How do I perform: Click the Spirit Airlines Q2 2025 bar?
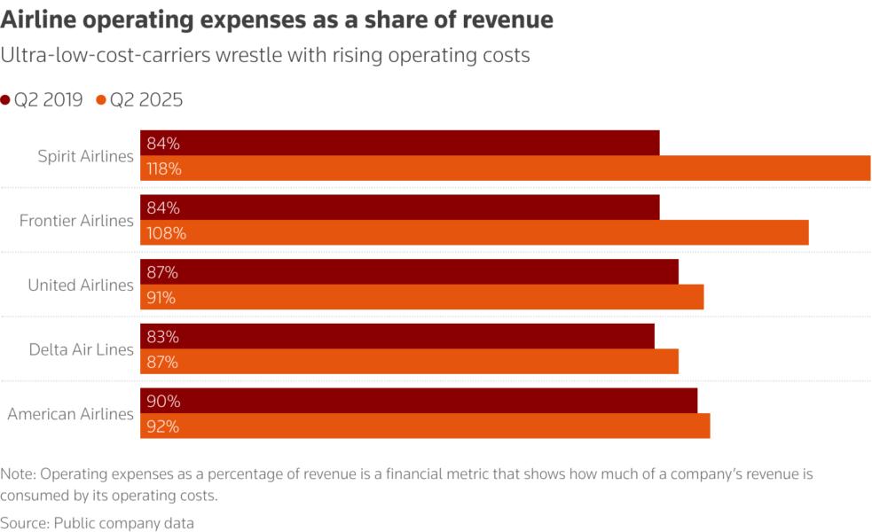(506, 168)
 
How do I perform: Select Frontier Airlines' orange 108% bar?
(475, 233)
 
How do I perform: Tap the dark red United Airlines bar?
(409, 272)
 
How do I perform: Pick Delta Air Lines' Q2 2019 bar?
(397, 337)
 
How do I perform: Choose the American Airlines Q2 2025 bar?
(425, 426)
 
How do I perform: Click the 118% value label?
(164, 168)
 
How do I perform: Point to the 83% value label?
(163, 337)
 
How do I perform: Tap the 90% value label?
(163, 402)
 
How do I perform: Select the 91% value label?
(161, 298)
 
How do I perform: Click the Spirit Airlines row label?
(85, 156)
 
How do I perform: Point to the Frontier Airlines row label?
(76, 221)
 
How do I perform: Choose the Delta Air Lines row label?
(81, 349)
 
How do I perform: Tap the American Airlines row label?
(71, 414)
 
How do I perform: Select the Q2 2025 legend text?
(146, 100)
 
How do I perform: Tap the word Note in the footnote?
(18, 474)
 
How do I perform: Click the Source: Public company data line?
(97, 523)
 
